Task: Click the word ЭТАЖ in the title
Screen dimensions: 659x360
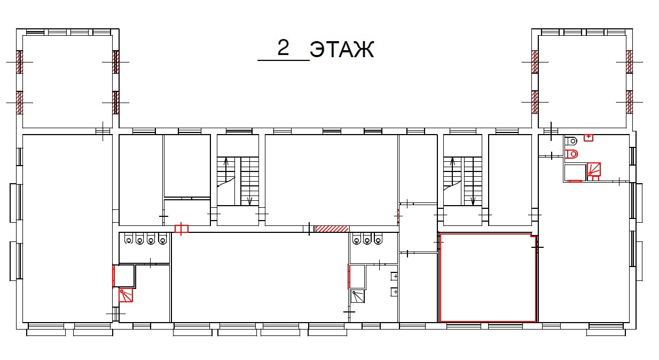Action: [342, 49]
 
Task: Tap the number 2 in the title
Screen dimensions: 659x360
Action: [284, 48]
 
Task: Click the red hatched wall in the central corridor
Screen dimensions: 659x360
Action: [332, 229]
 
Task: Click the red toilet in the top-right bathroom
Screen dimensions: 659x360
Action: [571, 154]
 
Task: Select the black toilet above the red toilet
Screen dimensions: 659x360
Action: [571, 142]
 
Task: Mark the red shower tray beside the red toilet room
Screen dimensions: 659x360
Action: [594, 169]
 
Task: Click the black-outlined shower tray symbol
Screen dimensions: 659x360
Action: [358, 296]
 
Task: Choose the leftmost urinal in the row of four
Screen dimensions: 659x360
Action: [129, 239]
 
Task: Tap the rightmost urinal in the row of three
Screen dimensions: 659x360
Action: [378, 239]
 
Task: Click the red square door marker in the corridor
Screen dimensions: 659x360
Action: [182, 229]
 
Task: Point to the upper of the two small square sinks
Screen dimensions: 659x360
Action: [394, 276]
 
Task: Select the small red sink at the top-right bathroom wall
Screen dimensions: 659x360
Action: [589, 137]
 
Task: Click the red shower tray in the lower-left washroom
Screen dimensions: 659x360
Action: [125, 295]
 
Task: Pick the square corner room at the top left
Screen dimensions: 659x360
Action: [67, 82]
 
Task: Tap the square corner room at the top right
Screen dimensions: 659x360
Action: [582, 82]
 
